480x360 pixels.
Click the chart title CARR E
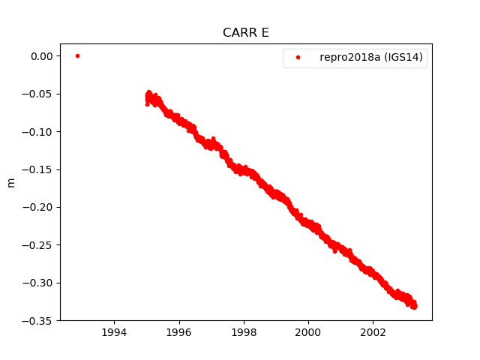245,33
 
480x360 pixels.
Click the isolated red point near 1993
77,55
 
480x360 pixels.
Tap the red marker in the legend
298,57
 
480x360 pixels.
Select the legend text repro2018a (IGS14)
373,57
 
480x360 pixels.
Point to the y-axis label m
10,182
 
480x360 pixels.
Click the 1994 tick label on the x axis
114,331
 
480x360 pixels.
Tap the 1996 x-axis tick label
178,331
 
